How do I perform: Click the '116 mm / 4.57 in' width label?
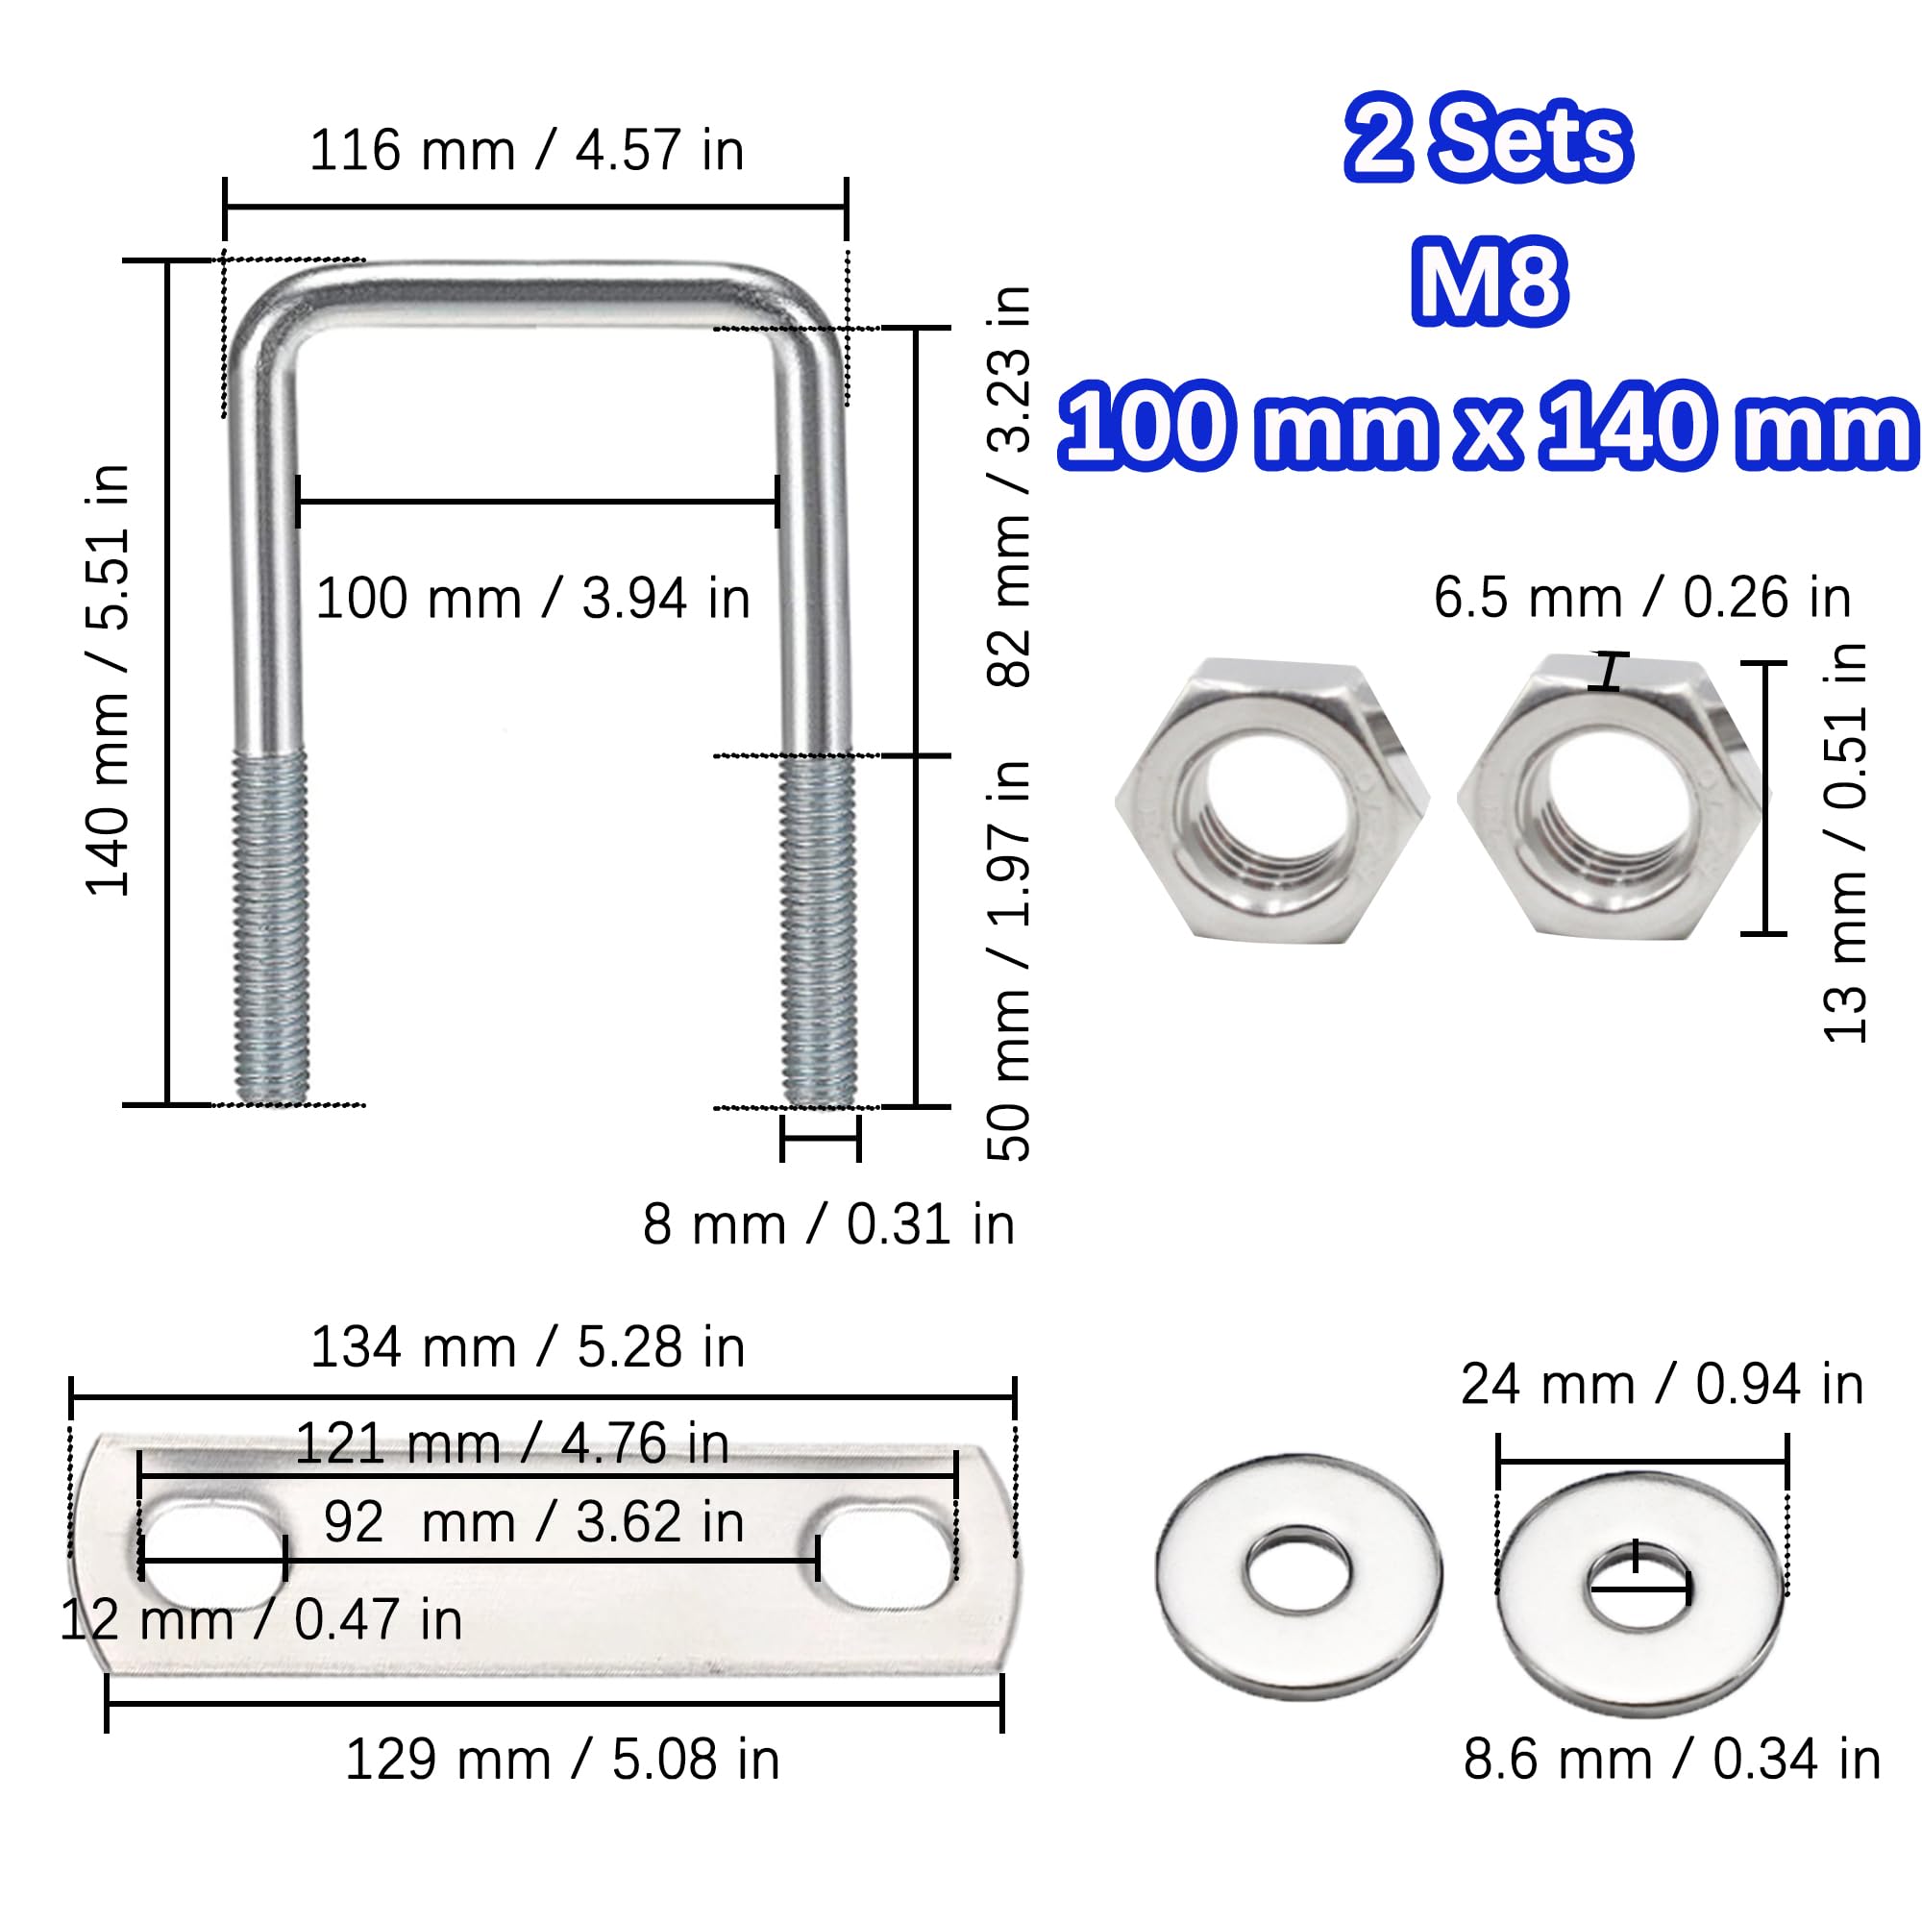coord(528,151)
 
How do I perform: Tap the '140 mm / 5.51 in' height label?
coord(109,680)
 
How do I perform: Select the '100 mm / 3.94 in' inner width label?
coord(533,599)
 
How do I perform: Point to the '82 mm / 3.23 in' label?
coord(1009,485)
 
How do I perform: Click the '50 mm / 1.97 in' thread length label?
coord(1009,960)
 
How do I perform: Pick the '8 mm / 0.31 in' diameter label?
coord(828,1223)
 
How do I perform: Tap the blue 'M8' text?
coord(1490,283)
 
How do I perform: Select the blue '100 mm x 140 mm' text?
coord(1489,424)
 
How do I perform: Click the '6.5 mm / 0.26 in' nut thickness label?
coord(1642,598)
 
